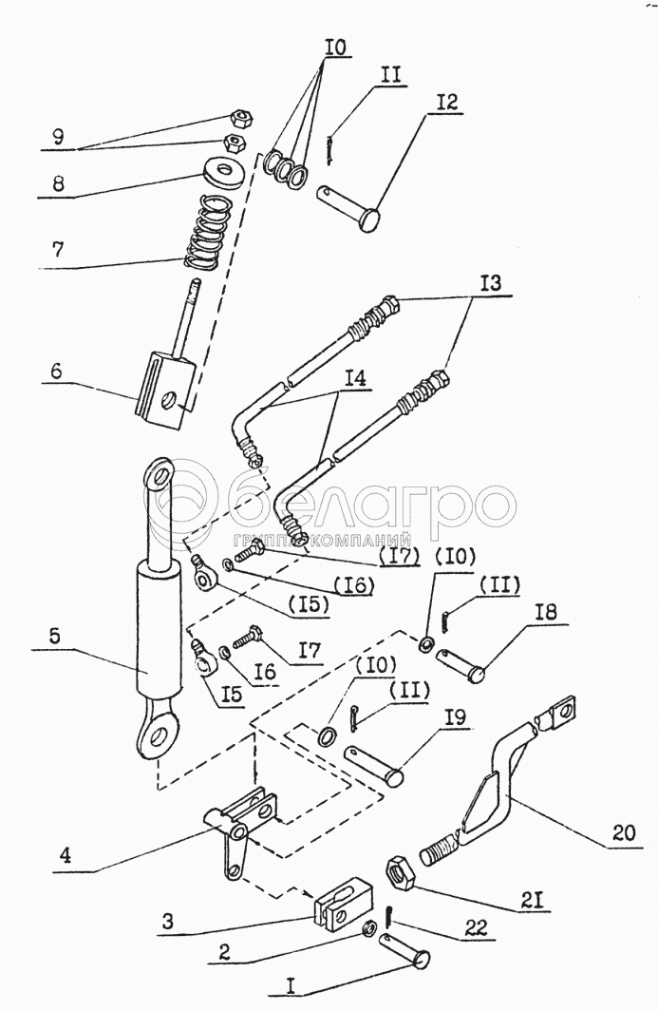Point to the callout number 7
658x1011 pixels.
pos(59,249)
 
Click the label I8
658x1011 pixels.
pos(545,611)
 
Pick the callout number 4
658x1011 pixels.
pos(66,855)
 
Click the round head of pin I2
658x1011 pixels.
pos(369,219)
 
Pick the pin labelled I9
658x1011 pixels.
pos(374,765)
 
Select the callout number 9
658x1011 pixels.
pos(58,138)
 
